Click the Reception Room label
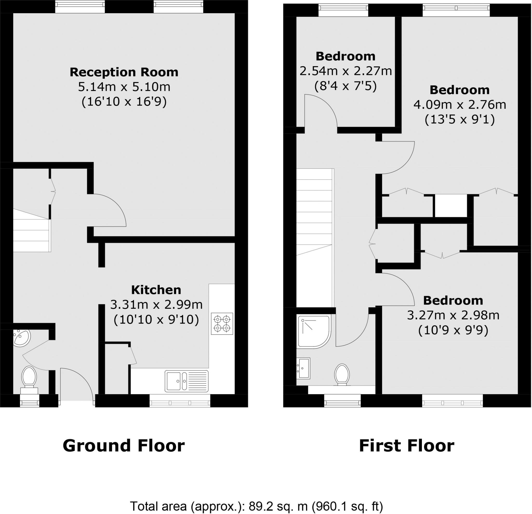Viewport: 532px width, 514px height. click(x=124, y=72)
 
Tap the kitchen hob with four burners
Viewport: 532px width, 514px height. click(x=222, y=324)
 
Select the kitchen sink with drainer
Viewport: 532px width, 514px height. click(x=187, y=381)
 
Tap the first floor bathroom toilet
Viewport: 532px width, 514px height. click(x=342, y=374)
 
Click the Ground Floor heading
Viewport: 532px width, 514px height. click(x=123, y=446)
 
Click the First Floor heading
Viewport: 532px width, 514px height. click(x=406, y=446)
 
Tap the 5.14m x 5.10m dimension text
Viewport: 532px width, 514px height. click(x=124, y=87)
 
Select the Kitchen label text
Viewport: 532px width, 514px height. click(x=156, y=290)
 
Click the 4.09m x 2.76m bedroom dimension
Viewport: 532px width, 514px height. click(x=460, y=105)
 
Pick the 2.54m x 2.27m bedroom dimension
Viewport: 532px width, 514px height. click(x=345, y=71)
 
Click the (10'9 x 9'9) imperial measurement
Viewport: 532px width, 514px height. click(x=453, y=330)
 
